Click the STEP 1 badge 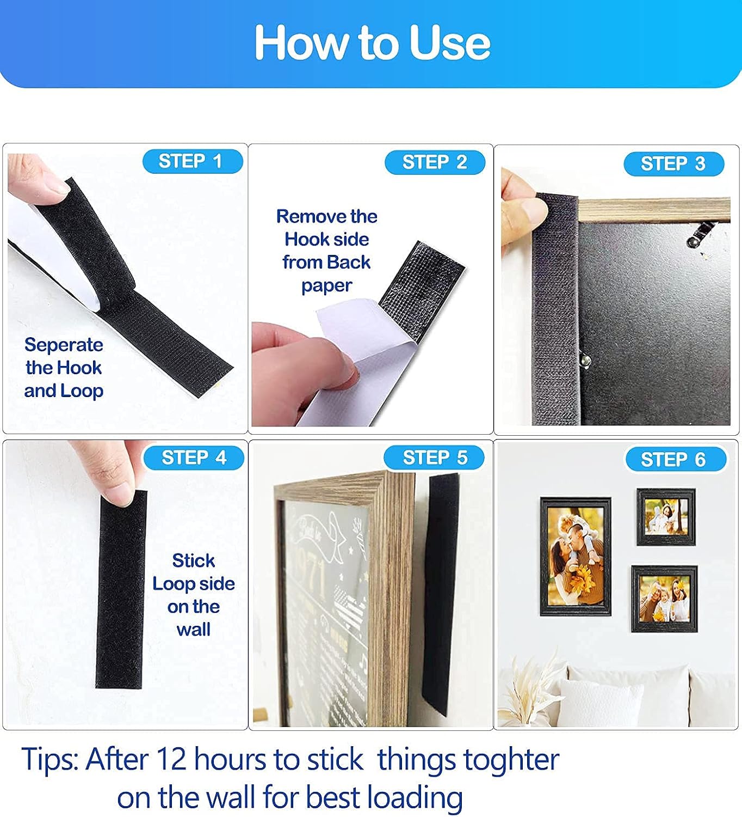193,161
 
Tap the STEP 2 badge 435,162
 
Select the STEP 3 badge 673,163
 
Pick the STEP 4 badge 194,458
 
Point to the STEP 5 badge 434,458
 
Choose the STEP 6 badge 675,460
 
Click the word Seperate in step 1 64,345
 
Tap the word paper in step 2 326,285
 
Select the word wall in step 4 193,630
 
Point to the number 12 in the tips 171,759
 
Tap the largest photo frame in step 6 575,556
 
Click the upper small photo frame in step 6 666,517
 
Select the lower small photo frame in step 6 664,599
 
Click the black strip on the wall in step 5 441,594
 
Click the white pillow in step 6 598,703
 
